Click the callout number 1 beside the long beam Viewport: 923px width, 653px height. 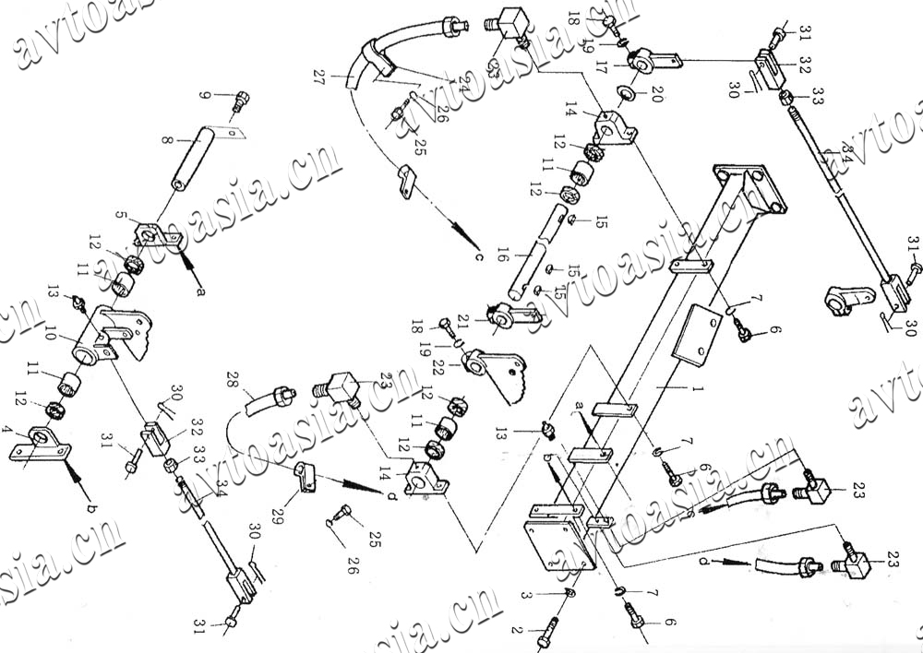coord(699,390)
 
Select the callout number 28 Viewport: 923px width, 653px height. coord(232,380)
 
